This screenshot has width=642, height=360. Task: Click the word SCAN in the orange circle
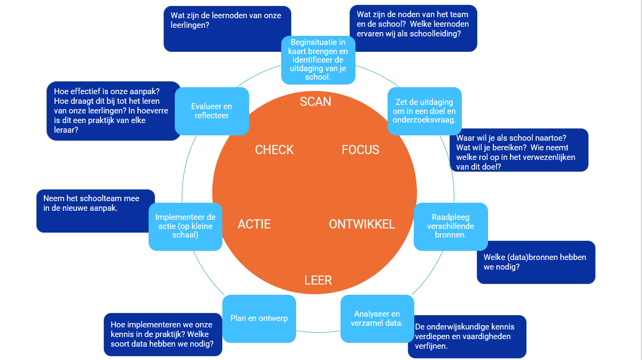[315, 102]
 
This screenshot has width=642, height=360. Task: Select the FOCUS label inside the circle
[360, 150]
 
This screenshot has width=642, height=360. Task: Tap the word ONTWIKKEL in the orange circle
[362, 224]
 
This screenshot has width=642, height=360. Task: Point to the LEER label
[318, 280]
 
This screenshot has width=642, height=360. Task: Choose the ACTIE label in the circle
[254, 224]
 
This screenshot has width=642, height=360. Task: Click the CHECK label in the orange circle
[274, 150]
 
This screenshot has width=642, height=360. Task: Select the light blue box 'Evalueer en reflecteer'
[212, 111]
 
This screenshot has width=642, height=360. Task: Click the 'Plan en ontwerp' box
[259, 319]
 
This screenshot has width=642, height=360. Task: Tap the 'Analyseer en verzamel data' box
[377, 319]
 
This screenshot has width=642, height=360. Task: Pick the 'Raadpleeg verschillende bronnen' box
[451, 226]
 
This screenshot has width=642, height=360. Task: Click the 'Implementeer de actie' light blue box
[185, 226]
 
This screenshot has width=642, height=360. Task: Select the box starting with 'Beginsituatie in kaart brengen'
[318, 59]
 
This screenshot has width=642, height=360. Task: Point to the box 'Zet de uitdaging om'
[424, 111]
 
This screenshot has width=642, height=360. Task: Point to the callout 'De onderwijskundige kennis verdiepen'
[467, 336]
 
